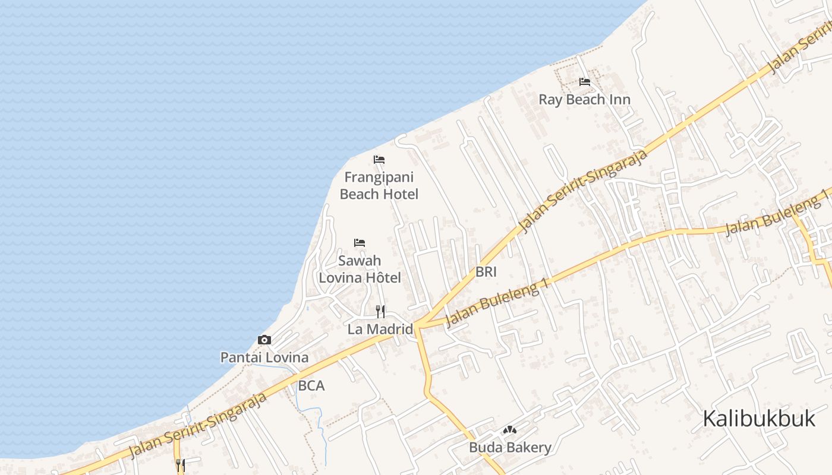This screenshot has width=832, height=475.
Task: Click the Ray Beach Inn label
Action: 584,99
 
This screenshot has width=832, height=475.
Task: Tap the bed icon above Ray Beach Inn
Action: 585,82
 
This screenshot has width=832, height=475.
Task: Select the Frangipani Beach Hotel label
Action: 379,186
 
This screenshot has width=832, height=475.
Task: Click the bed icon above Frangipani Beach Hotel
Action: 379,160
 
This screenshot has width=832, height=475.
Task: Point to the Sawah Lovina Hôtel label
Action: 360,269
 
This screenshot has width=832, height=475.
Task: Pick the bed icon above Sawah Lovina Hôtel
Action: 360,243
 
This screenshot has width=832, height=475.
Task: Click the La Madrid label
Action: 380,329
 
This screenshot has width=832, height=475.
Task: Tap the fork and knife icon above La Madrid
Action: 380,311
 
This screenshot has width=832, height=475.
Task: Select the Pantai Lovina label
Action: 264,357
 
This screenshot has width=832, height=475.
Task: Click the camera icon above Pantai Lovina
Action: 264,340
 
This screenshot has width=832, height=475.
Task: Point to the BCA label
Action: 311,386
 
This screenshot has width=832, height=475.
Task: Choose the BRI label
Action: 486,272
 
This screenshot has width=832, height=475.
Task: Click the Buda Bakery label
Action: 510,448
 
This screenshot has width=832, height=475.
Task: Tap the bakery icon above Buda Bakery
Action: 510,430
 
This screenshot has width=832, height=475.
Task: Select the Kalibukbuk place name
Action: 759,419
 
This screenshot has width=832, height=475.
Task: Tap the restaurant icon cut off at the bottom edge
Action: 181,465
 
